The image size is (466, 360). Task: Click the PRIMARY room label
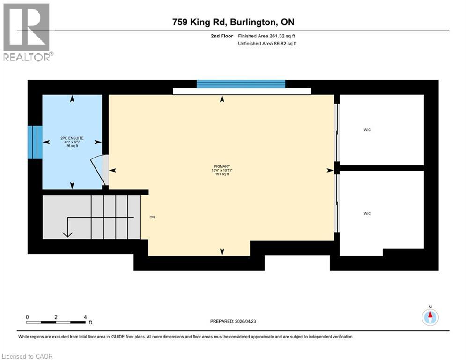coord(222,166)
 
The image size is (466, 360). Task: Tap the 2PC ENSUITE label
coord(72,137)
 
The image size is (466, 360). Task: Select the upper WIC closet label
coord(367,130)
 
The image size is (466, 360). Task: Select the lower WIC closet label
coord(367,213)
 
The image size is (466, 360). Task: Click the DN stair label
coord(152,217)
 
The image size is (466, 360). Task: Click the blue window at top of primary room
coord(241,84)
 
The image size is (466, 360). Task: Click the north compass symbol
coord(430,317)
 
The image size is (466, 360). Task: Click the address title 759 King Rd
coord(233,22)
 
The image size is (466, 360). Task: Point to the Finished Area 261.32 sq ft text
coord(267,36)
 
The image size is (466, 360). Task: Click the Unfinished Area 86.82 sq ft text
coord(267,44)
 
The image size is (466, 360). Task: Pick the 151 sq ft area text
coord(222,174)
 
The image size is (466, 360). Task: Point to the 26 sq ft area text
coord(72,146)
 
